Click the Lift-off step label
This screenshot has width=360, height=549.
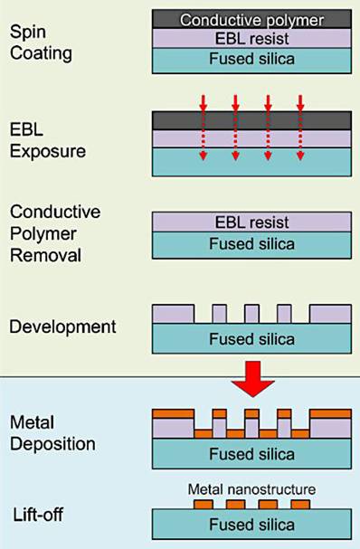click(38, 515)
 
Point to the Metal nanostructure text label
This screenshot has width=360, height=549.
click(251, 489)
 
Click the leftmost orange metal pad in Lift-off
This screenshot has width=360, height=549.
click(204, 504)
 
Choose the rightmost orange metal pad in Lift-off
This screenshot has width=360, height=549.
click(298, 504)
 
